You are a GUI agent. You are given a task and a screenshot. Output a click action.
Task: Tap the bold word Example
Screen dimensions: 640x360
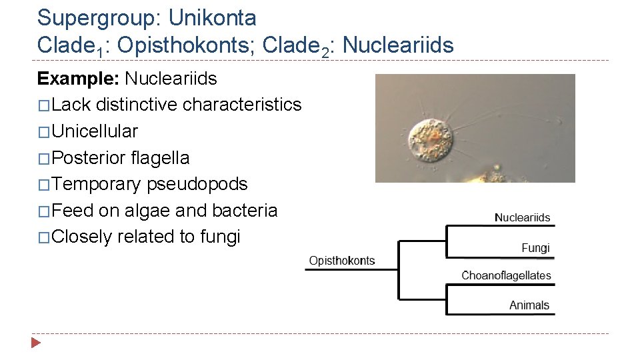(x=77, y=79)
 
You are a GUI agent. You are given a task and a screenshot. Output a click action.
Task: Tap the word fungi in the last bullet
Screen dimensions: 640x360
(x=219, y=237)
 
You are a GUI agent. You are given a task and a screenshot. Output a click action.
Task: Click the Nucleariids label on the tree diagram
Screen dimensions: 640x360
(x=522, y=217)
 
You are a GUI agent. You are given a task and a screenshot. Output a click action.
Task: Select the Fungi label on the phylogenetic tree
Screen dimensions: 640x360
(x=535, y=248)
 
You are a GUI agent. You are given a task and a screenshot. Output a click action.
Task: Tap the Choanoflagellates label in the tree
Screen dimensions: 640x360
(x=506, y=275)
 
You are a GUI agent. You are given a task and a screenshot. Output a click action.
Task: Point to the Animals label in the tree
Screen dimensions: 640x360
(x=529, y=305)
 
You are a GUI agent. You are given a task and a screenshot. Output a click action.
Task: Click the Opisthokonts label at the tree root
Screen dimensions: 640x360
(x=341, y=261)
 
